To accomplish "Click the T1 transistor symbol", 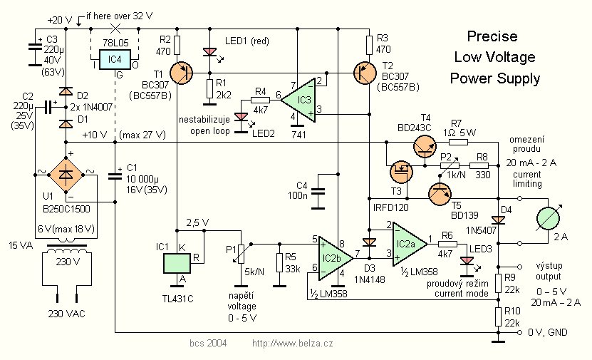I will pyautogui.click(x=183, y=70).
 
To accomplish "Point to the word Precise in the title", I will pyautogui.click(x=492, y=36).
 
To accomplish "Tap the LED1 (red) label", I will pyautogui.click(x=246, y=41).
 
